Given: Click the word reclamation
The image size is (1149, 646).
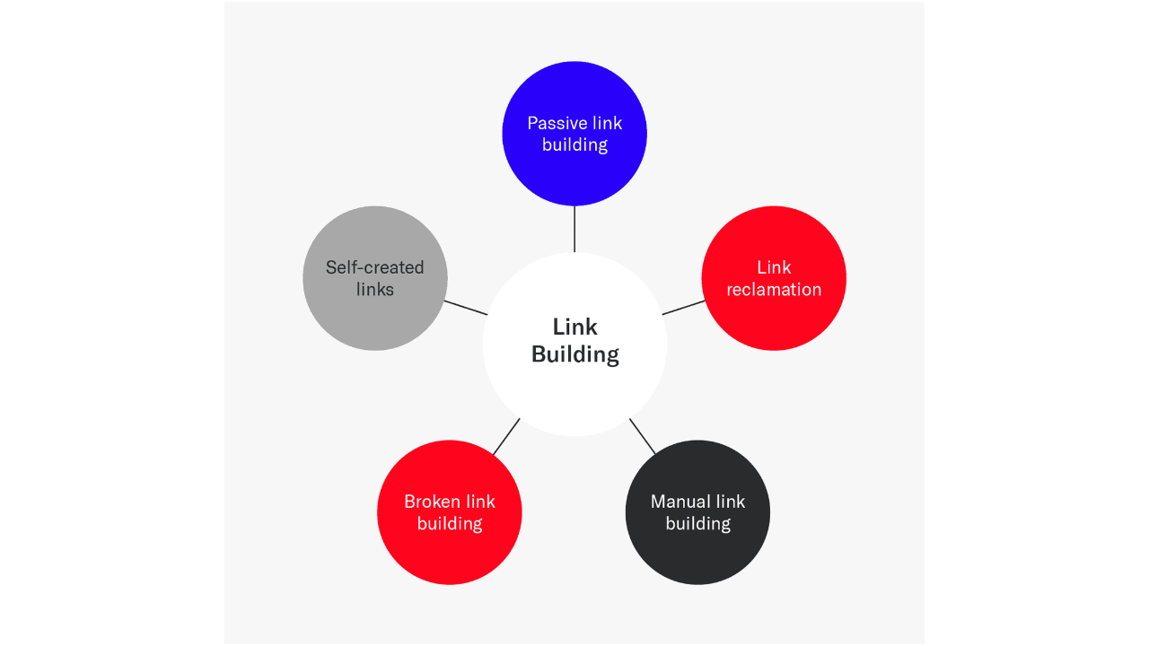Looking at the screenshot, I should [774, 289].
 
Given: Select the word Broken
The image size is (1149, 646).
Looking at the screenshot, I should [432, 502].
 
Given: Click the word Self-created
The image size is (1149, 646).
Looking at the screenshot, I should [375, 267].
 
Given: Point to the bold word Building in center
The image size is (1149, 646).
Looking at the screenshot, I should [574, 354].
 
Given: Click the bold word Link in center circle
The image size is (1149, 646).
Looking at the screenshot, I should [574, 327].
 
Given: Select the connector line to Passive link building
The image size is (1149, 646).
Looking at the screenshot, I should [574, 229].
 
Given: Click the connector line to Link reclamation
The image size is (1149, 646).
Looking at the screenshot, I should [684, 308].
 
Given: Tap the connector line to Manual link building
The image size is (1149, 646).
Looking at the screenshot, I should [643, 436].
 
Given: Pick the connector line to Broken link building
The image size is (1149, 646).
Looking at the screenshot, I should [506, 436].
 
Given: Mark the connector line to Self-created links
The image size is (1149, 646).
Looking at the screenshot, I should [466, 308].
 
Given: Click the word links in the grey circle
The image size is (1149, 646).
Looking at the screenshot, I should [375, 289].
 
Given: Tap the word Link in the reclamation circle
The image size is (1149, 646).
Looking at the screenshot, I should [774, 267].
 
